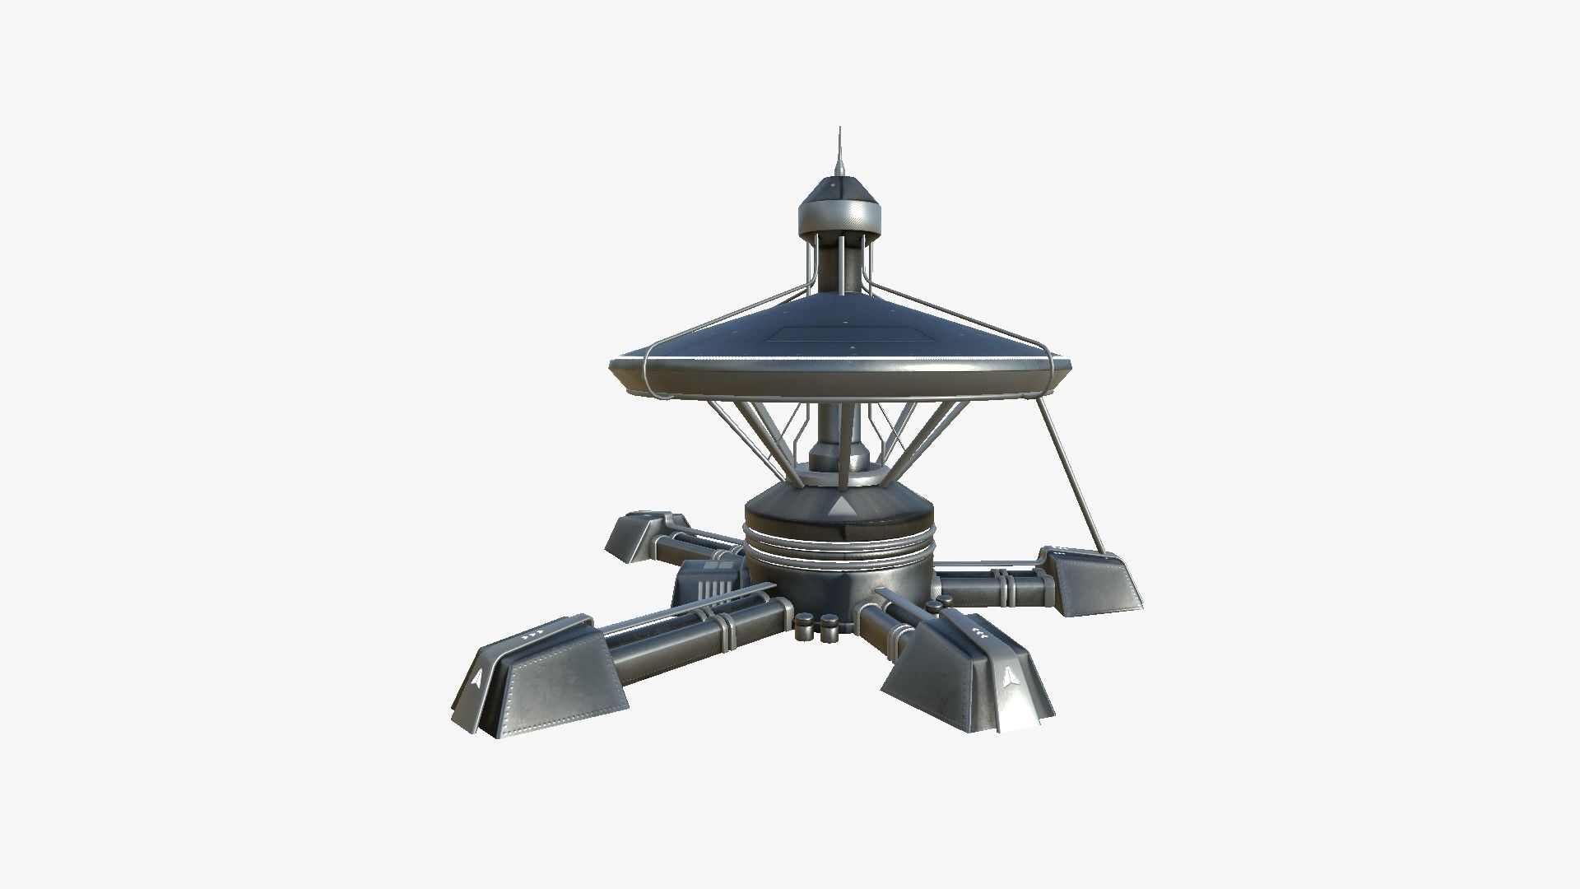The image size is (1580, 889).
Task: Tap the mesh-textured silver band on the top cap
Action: (x=839, y=218)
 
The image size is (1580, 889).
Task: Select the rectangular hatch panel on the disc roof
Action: (x=839, y=334)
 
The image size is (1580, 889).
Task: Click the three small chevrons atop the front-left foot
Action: (x=535, y=635)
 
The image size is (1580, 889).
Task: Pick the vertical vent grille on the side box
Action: (x=714, y=589)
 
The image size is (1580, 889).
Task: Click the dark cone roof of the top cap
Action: (x=839, y=185)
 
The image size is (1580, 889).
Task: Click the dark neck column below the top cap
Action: (x=839, y=263)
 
